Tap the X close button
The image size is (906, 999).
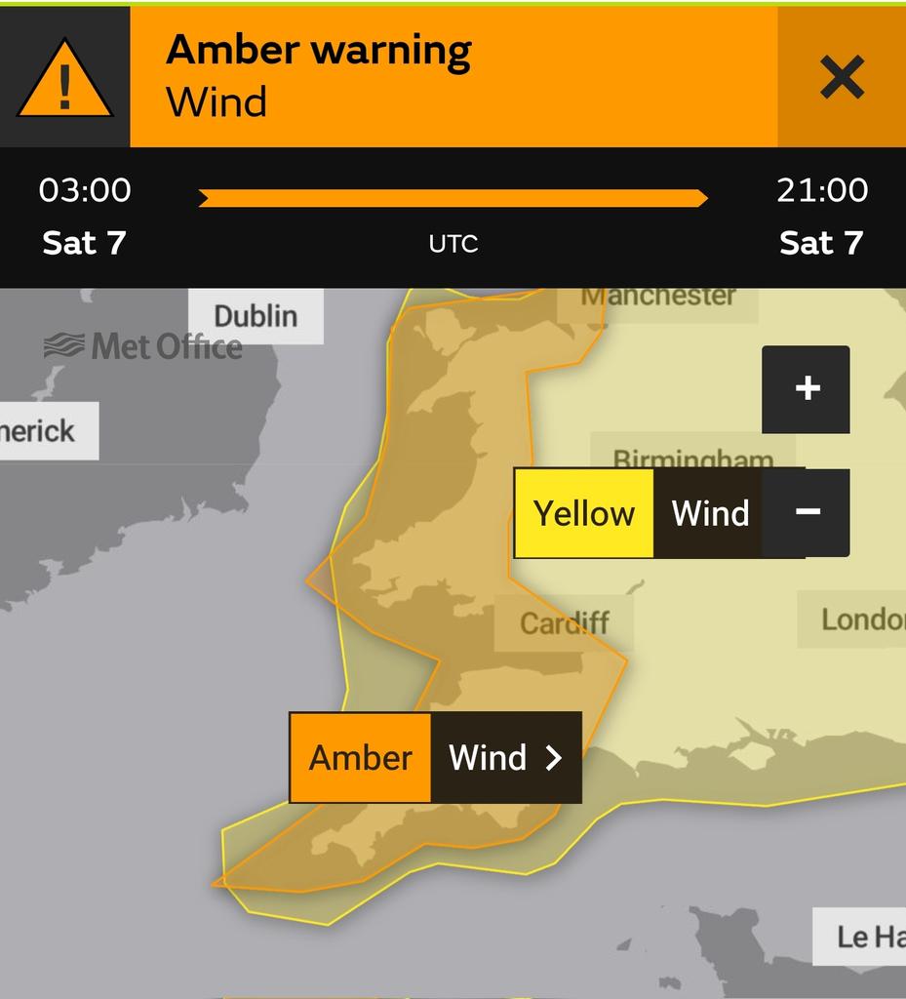[842, 77]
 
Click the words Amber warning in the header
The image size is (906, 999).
[318, 50]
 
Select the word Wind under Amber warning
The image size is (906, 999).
[217, 102]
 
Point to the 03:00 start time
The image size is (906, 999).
[85, 189]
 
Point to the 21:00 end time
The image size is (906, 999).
[821, 189]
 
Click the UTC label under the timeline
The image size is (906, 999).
[453, 243]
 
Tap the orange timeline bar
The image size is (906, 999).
[453, 198]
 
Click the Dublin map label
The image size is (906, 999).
[256, 316]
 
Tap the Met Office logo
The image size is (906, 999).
[143, 346]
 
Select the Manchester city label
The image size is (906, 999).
[658, 296]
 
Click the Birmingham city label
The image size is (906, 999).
[692, 458]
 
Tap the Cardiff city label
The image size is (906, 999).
[564, 622]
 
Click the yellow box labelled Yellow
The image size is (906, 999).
[583, 513]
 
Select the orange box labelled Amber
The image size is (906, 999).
[360, 757]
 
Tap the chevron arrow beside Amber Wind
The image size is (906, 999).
[553, 757]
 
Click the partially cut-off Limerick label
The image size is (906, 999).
[39, 430]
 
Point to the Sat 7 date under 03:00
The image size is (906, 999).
[84, 243]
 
